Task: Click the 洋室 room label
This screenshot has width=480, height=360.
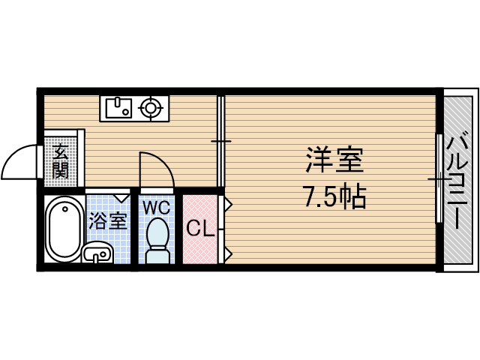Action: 334,161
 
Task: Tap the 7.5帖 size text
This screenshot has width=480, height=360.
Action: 334,197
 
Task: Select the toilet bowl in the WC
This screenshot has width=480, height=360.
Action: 157,232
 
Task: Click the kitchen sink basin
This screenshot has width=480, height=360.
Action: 118,109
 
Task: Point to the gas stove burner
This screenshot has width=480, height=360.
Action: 153,109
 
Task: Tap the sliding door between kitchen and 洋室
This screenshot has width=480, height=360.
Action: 220,141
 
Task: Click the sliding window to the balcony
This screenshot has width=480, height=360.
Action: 437,178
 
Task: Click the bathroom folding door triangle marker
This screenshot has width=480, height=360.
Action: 121,199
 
